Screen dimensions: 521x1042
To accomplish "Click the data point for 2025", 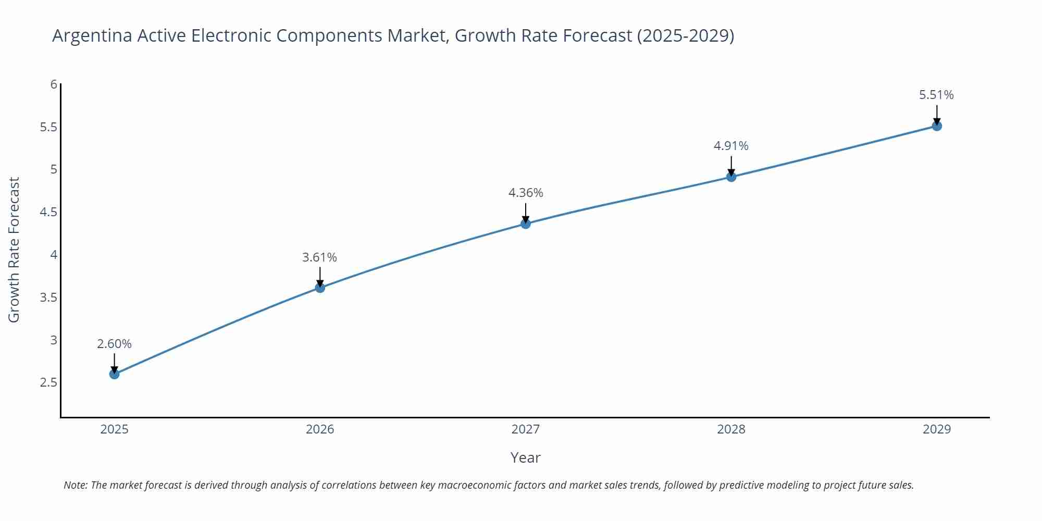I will click(114, 374).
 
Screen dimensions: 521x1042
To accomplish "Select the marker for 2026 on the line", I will click(320, 288).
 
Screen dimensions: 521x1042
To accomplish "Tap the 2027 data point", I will click(526, 224).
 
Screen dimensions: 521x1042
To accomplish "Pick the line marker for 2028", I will click(731, 177).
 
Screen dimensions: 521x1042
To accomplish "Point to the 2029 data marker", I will click(937, 126).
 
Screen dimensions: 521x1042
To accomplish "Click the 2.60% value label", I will click(114, 344).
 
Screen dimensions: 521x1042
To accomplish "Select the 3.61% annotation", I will click(320, 257).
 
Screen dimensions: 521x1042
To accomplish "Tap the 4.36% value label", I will click(526, 193).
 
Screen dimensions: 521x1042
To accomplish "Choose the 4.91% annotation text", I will click(731, 146).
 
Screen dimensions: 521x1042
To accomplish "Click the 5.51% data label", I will click(936, 95).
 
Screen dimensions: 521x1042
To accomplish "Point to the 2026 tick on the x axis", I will click(320, 429).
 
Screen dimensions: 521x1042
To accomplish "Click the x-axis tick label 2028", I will click(731, 429).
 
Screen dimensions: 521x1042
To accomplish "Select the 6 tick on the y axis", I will click(54, 84).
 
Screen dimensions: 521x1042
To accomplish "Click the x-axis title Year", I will click(525, 457).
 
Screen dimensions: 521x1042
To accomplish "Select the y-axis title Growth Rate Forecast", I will click(14, 250).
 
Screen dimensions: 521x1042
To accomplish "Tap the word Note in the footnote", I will click(75, 485).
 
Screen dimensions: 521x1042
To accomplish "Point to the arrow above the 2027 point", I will click(526, 213).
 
